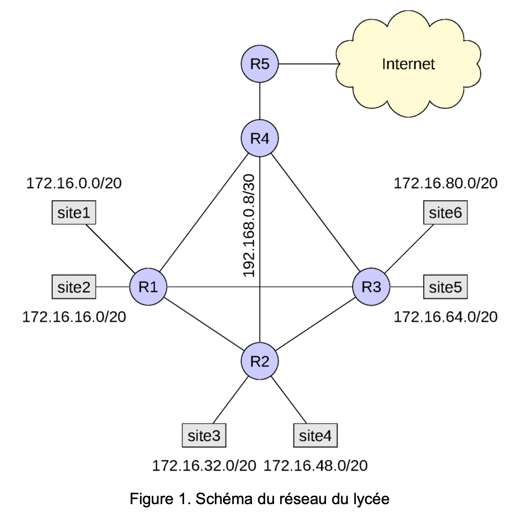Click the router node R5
pyautogui.click(x=260, y=64)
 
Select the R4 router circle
pyautogui.click(x=260, y=138)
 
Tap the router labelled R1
pyautogui.click(x=148, y=287)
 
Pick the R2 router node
pyautogui.click(x=260, y=361)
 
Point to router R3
pyautogui.click(x=371, y=287)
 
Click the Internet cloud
pyautogui.click(x=408, y=64)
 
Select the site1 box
pyautogui.click(x=74, y=213)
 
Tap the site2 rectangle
pyautogui.click(x=74, y=287)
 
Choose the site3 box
pyautogui.click(x=204, y=436)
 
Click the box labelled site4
pyautogui.click(x=315, y=436)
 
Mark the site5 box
pyautogui.click(x=446, y=287)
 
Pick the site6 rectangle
pyautogui.click(x=446, y=213)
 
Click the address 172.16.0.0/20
pyautogui.click(x=74, y=183)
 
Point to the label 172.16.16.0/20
pyautogui.click(x=74, y=317)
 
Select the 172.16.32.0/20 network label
pyautogui.click(x=204, y=466)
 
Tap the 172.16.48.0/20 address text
pyautogui.click(x=315, y=466)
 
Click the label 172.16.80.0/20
pyautogui.click(x=446, y=183)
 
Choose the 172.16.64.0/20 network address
pyautogui.click(x=446, y=317)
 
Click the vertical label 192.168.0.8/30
pyautogui.click(x=249, y=225)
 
